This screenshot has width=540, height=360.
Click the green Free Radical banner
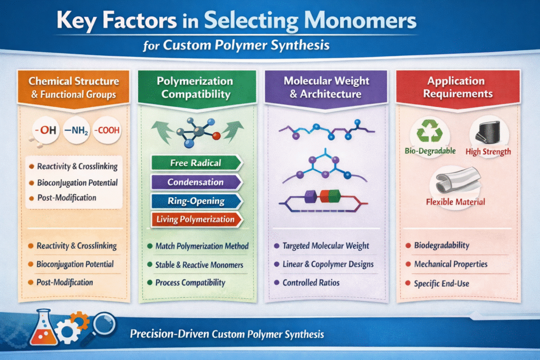(x=196, y=163)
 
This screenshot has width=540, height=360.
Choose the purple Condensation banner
(x=196, y=182)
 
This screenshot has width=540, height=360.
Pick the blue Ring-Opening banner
(x=196, y=201)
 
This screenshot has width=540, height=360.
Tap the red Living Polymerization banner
(x=196, y=220)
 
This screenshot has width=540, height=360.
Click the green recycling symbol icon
(x=431, y=131)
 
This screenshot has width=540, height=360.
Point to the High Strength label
(x=488, y=152)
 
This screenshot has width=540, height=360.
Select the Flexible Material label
(x=456, y=202)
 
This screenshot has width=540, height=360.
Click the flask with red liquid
(x=44, y=332)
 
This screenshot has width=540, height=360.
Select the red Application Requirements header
(x=456, y=87)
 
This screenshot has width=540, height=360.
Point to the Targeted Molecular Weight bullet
(x=325, y=246)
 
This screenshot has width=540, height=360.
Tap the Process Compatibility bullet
(x=190, y=283)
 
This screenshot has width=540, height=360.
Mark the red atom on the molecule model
(x=216, y=136)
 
